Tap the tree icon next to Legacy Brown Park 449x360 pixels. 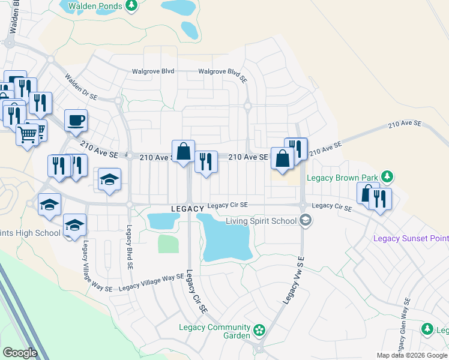pyautogui.click(x=388, y=176)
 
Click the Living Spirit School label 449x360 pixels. pyautogui.click(x=261, y=221)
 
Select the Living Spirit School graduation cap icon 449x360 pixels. pyautogui.click(x=306, y=220)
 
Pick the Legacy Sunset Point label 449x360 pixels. pyautogui.click(x=411, y=238)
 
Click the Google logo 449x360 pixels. pyautogui.click(x=20, y=352)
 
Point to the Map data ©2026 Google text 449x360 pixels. pyautogui.click(x=412, y=355)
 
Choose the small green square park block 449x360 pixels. pyautogui.click(x=168, y=244)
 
